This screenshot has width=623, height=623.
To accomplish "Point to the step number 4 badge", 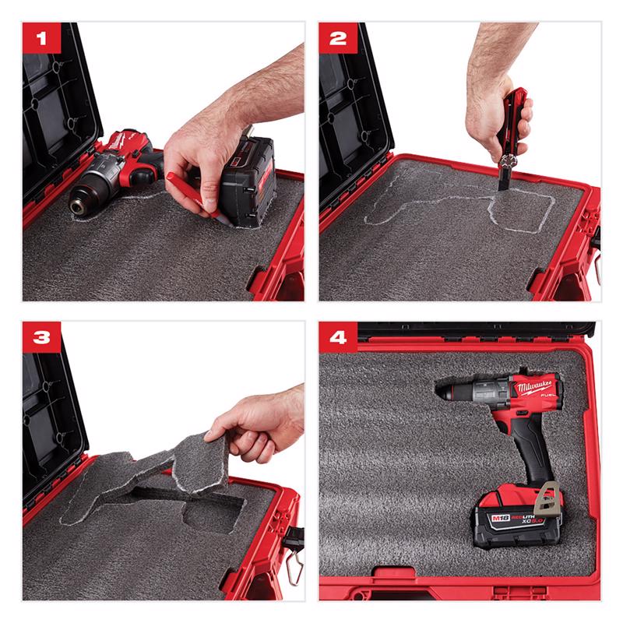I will tap(337, 337).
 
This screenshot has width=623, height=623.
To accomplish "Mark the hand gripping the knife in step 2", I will tap(498, 113).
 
